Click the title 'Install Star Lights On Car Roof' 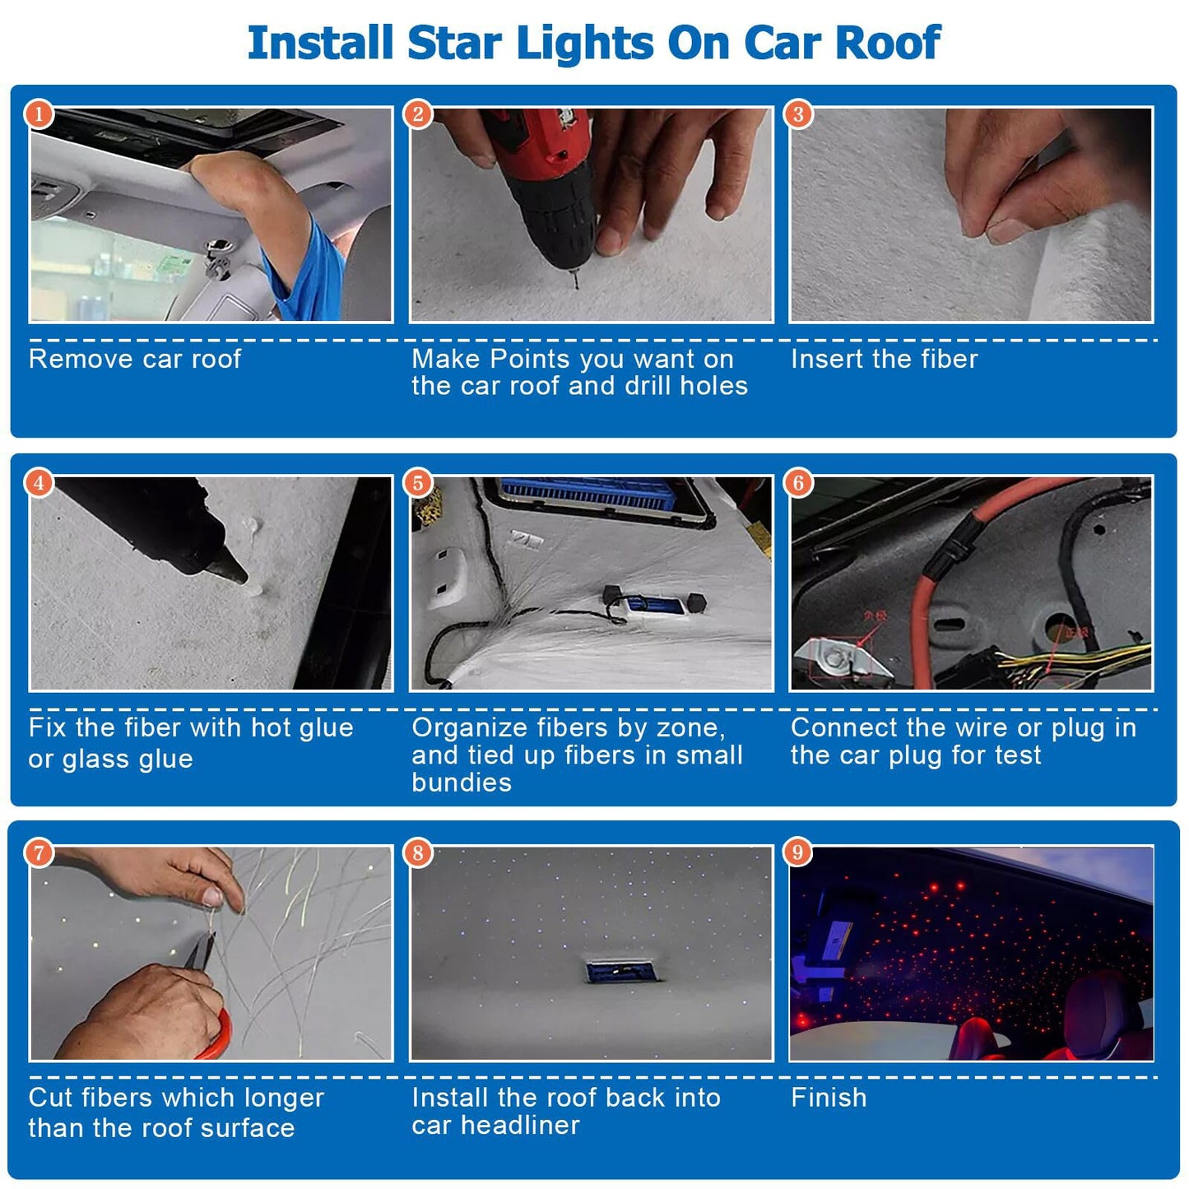(x=593, y=43)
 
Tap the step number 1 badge (x=39, y=114)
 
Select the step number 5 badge (x=418, y=483)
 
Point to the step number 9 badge (x=797, y=852)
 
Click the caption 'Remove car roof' (x=135, y=360)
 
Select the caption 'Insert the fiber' (x=884, y=360)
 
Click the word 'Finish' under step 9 (x=829, y=1098)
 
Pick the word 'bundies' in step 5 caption (x=462, y=783)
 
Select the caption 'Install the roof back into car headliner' (x=566, y=1111)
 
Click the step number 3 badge (x=797, y=114)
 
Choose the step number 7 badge (x=39, y=852)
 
